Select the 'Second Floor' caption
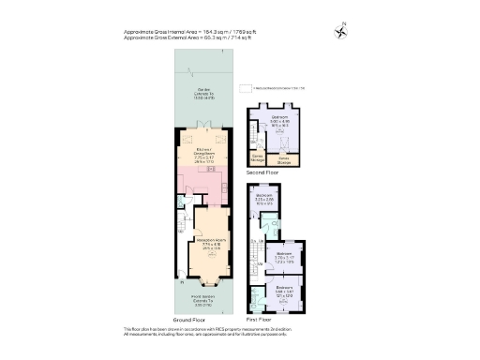click(263, 173)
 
